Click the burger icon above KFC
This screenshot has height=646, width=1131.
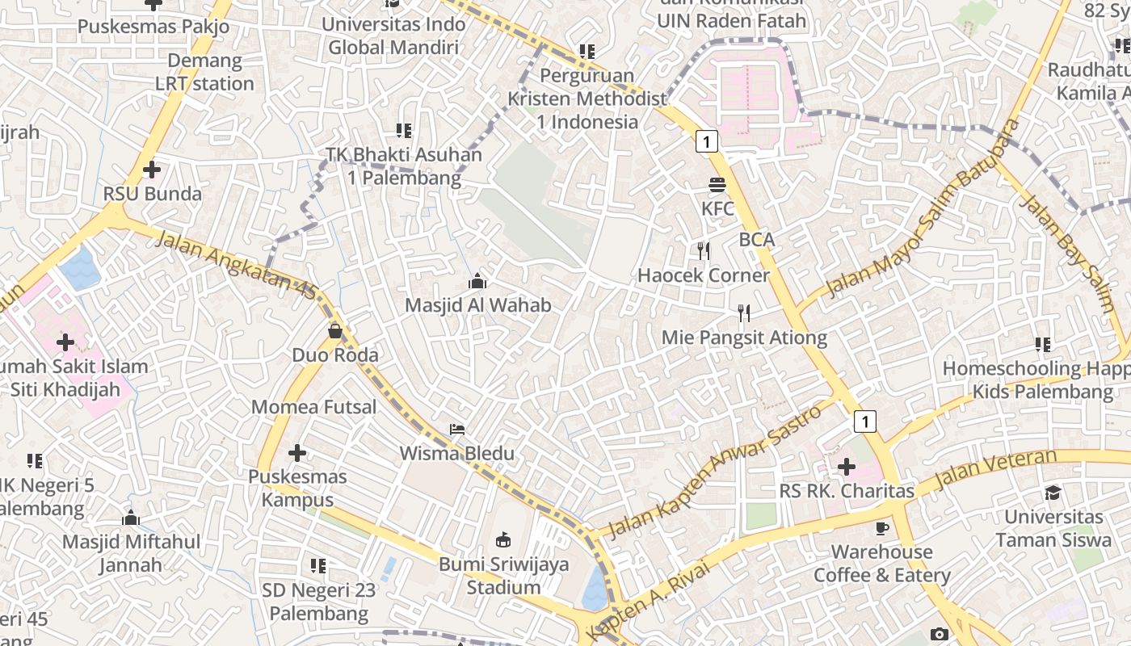[x=717, y=185]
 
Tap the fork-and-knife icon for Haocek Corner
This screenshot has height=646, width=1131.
[x=704, y=251]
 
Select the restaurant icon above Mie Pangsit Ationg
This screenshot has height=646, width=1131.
[x=744, y=313]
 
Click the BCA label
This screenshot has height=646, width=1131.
[x=757, y=239]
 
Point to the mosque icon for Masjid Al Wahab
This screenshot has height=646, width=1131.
[x=477, y=281]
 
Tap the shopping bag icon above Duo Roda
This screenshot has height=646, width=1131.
[x=335, y=331]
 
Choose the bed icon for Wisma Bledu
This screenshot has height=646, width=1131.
[x=457, y=430]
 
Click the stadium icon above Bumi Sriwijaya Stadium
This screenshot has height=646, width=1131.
[x=503, y=539]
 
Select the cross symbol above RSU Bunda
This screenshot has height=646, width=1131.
[x=151, y=170]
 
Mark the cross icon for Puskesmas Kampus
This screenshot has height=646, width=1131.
[x=297, y=453]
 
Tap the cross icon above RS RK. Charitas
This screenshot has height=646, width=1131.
[x=847, y=467]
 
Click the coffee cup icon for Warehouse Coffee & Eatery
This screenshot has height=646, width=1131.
[x=881, y=528]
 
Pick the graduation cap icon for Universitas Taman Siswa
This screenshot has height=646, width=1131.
[x=1053, y=493]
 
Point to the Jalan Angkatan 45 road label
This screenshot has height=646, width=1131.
[x=235, y=266]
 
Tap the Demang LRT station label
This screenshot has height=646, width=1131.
[x=204, y=72]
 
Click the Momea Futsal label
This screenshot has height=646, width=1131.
[x=314, y=406]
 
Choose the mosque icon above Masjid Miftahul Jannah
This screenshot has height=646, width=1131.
[x=131, y=518]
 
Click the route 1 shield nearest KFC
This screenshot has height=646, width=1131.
[x=707, y=142]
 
